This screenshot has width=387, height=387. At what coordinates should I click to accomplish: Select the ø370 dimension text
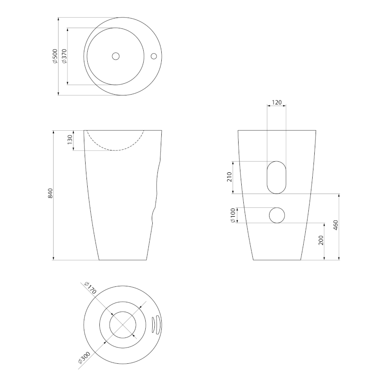click(64, 56)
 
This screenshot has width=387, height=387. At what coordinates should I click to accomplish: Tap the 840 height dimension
click(50, 193)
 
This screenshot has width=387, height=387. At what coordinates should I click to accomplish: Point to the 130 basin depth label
click(70, 140)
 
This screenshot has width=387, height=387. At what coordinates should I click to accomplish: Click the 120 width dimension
click(276, 102)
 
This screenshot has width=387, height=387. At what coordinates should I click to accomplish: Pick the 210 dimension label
click(229, 177)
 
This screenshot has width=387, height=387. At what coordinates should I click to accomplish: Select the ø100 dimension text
click(233, 215)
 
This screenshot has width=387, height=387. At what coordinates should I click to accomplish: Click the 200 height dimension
click(321, 240)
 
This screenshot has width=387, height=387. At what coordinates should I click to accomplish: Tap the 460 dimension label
click(336, 225)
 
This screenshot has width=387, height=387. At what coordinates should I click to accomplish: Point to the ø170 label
click(90, 288)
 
